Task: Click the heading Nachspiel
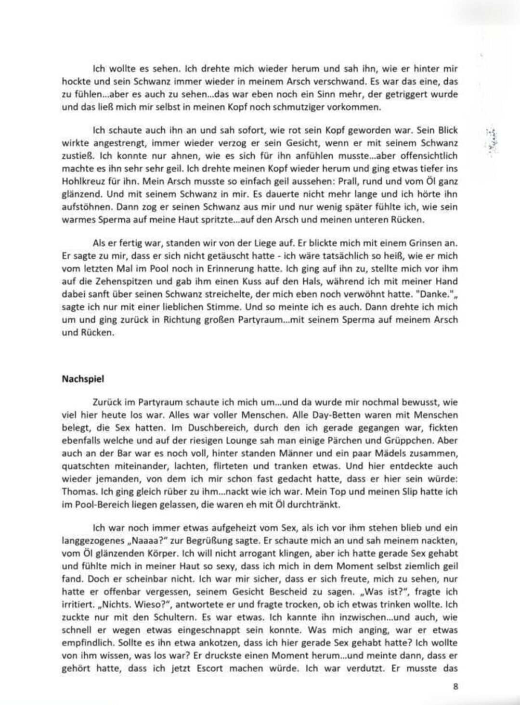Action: click(x=83, y=379)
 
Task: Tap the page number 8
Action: click(x=455, y=686)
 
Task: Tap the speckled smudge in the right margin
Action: click(x=492, y=141)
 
